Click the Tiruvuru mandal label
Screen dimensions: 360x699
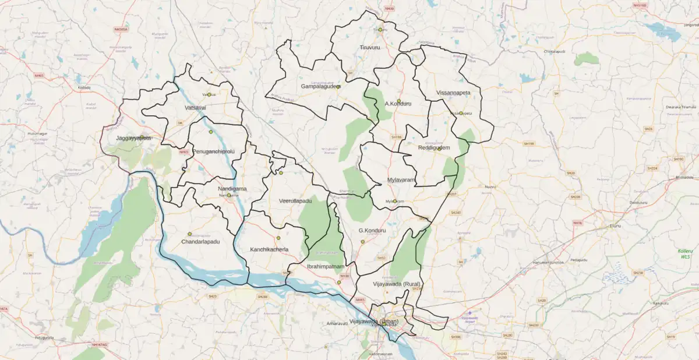[369, 47]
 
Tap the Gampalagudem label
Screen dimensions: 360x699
[320, 87]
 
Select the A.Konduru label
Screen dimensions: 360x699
[398, 104]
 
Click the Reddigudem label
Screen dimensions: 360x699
[433, 148]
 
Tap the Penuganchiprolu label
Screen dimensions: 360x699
[213, 151]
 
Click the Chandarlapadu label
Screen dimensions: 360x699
[200, 241]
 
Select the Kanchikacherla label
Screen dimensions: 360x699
[269, 249]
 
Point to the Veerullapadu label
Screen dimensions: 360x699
[295, 201]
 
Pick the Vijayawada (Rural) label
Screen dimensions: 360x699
[396, 284]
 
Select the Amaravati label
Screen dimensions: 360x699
[337, 323]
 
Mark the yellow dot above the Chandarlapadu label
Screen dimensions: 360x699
[189, 234]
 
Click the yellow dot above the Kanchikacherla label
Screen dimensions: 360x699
[278, 238]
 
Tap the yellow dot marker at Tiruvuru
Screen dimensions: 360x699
[380, 29]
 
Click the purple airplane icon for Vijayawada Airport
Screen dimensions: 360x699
[469, 313]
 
